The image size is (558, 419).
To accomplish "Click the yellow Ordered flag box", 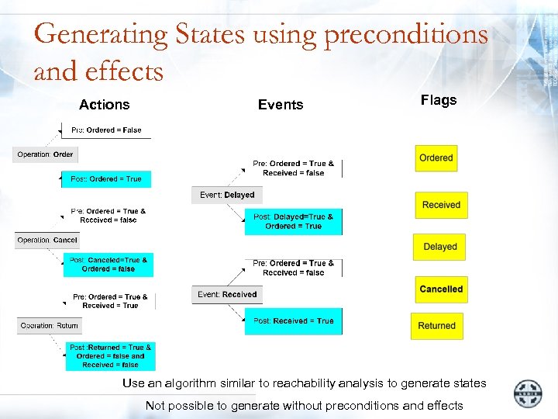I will coord(436,158).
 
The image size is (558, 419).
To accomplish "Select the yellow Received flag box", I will coord(441,205).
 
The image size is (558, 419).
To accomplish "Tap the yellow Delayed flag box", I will coord(439,247).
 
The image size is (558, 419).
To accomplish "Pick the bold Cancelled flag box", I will coord(441,289).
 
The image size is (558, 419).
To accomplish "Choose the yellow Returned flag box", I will coord(436,326).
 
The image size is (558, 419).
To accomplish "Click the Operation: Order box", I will coord(45,154).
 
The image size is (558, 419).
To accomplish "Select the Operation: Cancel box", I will coord(47,241).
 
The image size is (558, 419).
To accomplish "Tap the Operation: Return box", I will coord(50,326).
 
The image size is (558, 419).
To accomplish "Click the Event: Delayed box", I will coord(226,195).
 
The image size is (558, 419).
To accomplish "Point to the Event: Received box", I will coord(226,295).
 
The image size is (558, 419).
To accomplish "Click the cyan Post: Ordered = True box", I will coord(106,179).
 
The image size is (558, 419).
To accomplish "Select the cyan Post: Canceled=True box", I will coord(108,265).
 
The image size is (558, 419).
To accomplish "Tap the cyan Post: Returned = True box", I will coord(110,356).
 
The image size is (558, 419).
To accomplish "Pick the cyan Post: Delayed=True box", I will coord(293,222).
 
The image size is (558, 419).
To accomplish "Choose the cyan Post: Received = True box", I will coord(293,321).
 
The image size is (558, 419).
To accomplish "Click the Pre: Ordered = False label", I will coord(106,130).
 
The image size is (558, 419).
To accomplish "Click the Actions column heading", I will coord(104,105).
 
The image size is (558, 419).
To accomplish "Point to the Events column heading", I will coord(281,105).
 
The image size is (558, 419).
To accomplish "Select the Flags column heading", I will coord(439,100).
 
